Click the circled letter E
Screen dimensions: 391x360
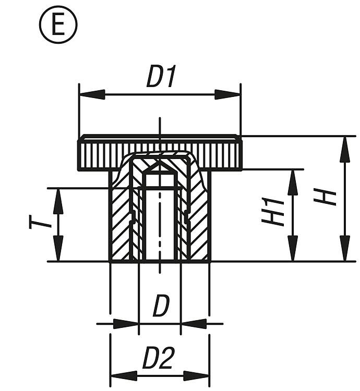pyautogui.click(x=58, y=25)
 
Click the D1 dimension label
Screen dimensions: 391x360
pyautogui.click(x=162, y=77)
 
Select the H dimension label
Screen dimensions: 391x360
pyautogui.click(x=328, y=198)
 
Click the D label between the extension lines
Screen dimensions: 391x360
pyautogui.click(x=161, y=306)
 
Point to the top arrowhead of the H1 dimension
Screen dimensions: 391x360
pyautogui.click(x=293, y=181)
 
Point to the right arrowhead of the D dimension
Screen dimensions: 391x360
pyautogui.click(x=193, y=324)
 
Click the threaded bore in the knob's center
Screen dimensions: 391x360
pyautogui.click(x=160, y=224)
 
